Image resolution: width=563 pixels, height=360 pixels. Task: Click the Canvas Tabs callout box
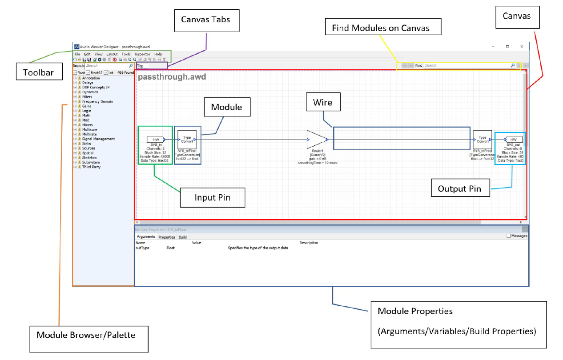click(207, 20)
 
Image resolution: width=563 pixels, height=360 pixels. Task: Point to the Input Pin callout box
click(212, 197)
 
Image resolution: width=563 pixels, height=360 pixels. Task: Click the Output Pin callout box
click(460, 188)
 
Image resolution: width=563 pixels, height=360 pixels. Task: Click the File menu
click(77, 54)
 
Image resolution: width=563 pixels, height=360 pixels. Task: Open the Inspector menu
click(142, 54)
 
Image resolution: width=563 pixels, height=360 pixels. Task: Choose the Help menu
click(158, 54)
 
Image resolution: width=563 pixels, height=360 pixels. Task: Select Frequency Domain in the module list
click(97, 101)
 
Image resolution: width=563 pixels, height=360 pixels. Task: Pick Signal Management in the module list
click(98, 139)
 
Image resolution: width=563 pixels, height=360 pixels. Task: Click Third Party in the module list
click(91, 167)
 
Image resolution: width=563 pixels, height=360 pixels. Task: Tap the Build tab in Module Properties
click(182, 237)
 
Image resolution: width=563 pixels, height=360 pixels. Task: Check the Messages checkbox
click(509, 236)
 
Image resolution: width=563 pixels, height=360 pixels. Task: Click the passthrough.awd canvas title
click(172, 77)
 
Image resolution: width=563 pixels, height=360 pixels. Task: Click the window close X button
click(522, 46)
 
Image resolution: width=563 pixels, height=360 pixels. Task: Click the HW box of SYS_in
click(156, 139)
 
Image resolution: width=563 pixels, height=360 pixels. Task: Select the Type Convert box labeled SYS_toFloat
click(187, 139)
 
